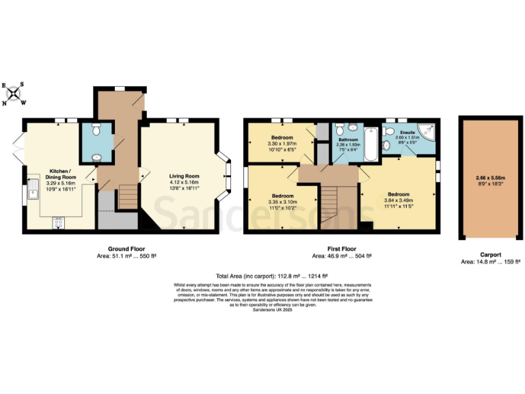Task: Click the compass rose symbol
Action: [x=14, y=94]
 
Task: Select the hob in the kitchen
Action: [x=57, y=222]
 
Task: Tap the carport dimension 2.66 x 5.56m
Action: [x=490, y=177]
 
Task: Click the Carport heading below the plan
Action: [x=490, y=253]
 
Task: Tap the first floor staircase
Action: [x=329, y=205]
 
